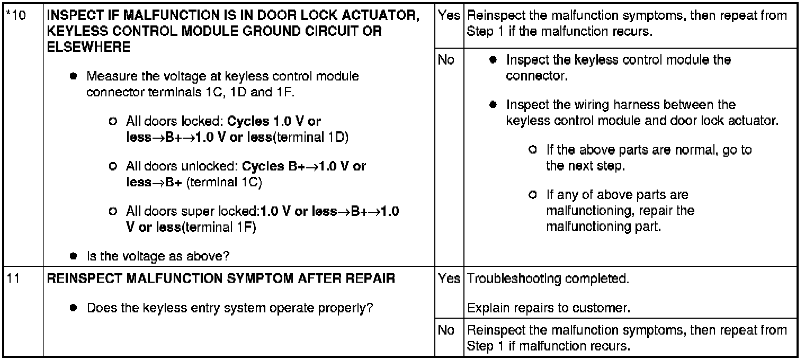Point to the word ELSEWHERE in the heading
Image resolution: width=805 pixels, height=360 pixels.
88,47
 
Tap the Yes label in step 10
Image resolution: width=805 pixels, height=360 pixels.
449,16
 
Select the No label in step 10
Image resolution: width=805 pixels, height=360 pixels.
446,60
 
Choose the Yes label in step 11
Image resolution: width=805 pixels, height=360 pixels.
449,278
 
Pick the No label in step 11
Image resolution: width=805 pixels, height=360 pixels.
446,330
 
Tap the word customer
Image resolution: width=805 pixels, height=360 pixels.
608,308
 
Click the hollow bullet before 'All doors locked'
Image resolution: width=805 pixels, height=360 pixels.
112,121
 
